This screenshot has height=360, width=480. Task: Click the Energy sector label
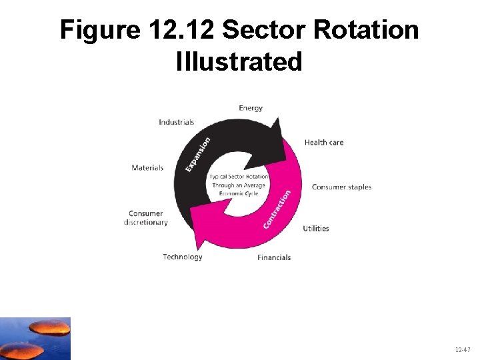[x=251, y=108]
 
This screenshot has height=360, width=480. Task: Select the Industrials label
[x=177, y=122]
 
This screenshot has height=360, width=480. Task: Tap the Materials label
[x=147, y=167]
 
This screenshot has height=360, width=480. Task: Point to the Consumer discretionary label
[x=146, y=218]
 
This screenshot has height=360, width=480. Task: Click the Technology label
[x=183, y=257]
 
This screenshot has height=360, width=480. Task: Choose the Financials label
[x=274, y=257]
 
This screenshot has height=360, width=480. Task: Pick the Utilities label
[x=316, y=229]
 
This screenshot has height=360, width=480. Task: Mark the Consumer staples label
[x=341, y=187]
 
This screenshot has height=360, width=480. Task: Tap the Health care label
[x=324, y=142]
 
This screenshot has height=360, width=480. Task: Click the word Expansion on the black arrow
[x=198, y=154]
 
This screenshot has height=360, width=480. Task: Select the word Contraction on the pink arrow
[x=277, y=209]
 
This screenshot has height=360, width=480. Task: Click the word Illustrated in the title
[x=239, y=61]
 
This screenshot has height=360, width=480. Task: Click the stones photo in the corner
[x=35, y=338]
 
